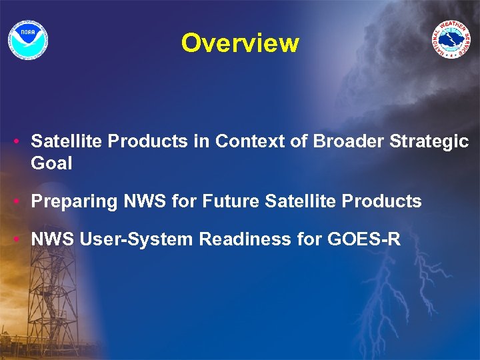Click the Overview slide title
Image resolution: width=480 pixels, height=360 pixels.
[x=240, y=43]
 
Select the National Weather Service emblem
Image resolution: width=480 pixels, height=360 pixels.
[x=451, y=39]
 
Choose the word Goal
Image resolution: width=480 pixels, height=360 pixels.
[x=51, y=163]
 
